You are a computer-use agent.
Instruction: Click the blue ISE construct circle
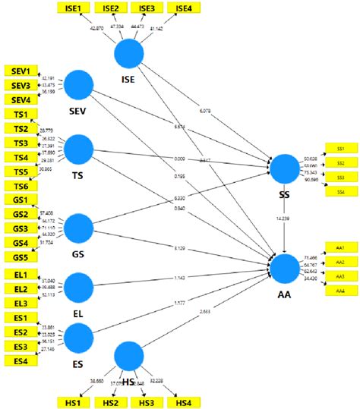click(129, 54)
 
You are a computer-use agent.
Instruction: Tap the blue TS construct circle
click(78, 149)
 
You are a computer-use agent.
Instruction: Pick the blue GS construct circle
click(78, 228)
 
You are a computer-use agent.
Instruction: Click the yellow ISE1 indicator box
click(74, 8)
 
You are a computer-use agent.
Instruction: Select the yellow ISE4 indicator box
click(184, 8)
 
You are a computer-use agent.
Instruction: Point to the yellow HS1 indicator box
click(74, 401)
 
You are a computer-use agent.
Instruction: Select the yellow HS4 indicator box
click(184, 401)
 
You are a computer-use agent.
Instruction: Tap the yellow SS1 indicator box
click(340, 148)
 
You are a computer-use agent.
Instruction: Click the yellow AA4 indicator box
click(340, 291)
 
